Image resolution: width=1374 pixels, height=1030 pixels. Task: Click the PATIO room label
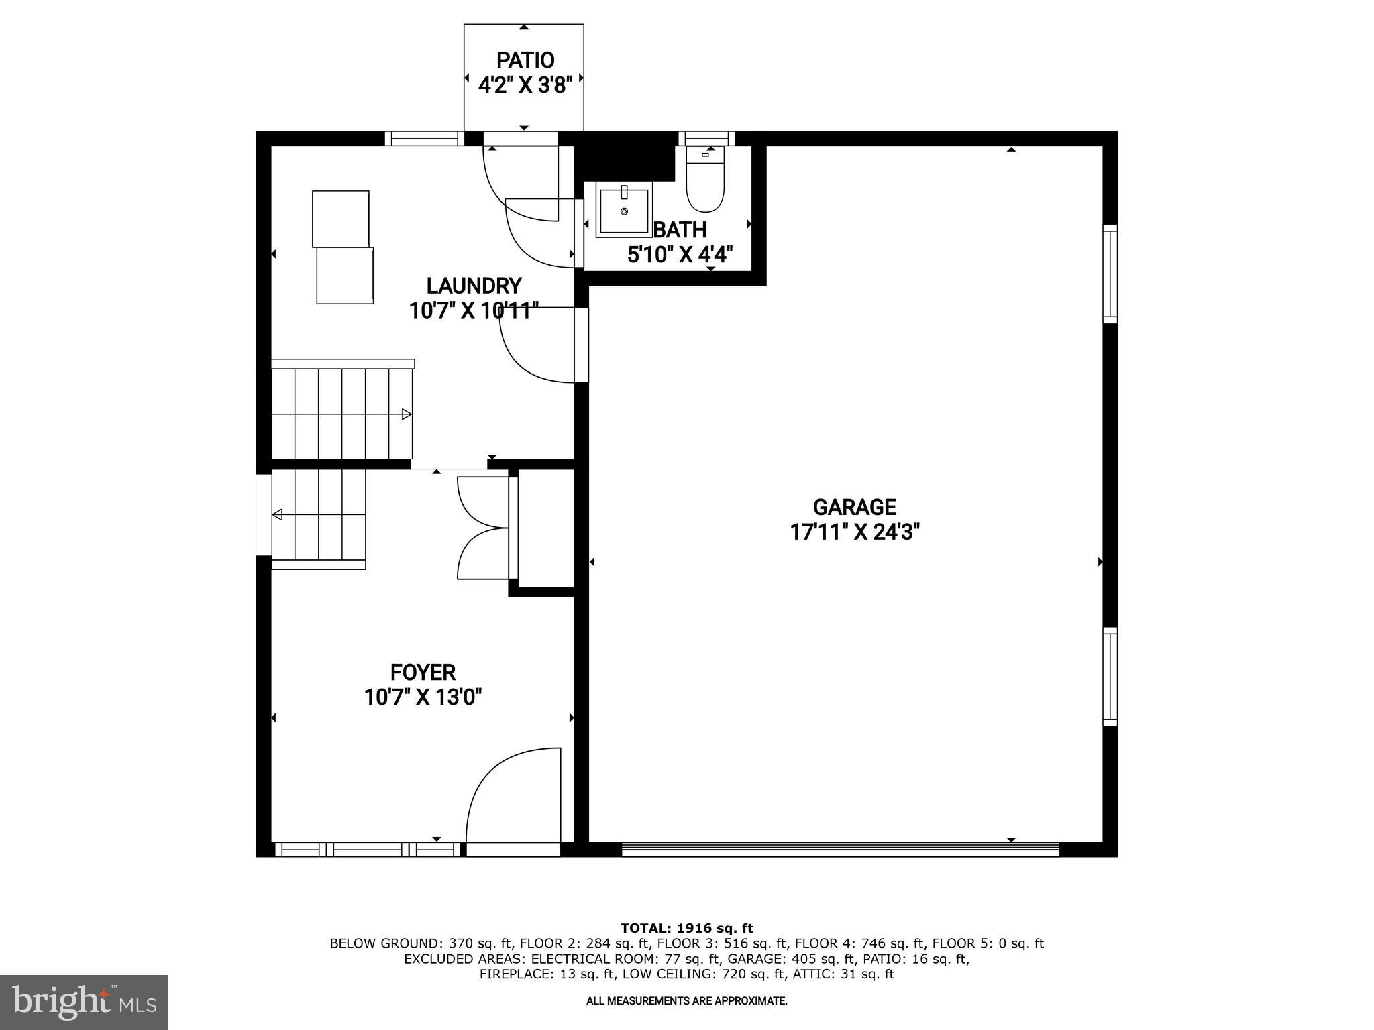tap(525, 60)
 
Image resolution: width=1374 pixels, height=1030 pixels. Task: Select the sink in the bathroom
tap(624, 212)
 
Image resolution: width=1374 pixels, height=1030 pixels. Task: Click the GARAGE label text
tap(854, 507)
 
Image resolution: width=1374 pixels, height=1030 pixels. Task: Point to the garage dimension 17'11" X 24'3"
tap(854, 532)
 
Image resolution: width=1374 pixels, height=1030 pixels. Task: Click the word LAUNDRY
tap(474, 286)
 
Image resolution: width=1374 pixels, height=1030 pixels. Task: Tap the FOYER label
tap(423, 672)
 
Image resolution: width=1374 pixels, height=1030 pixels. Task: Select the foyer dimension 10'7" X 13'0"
tap(423, 697)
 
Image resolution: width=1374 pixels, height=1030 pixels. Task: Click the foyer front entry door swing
tap(513, 798)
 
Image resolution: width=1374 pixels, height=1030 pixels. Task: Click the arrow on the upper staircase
tap(406, 414)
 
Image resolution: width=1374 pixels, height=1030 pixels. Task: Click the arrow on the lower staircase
tap(277, 514)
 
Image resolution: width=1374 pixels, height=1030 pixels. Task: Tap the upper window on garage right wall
tap(1110, 274)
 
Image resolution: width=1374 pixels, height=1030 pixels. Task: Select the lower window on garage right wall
tap(1110, 677)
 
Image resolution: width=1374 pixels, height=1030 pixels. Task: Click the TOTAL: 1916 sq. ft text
tap(686, 929)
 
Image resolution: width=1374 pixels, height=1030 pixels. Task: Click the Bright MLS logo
tap(84, 1002)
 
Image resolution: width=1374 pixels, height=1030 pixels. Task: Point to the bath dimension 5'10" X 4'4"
tap(680, 255)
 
